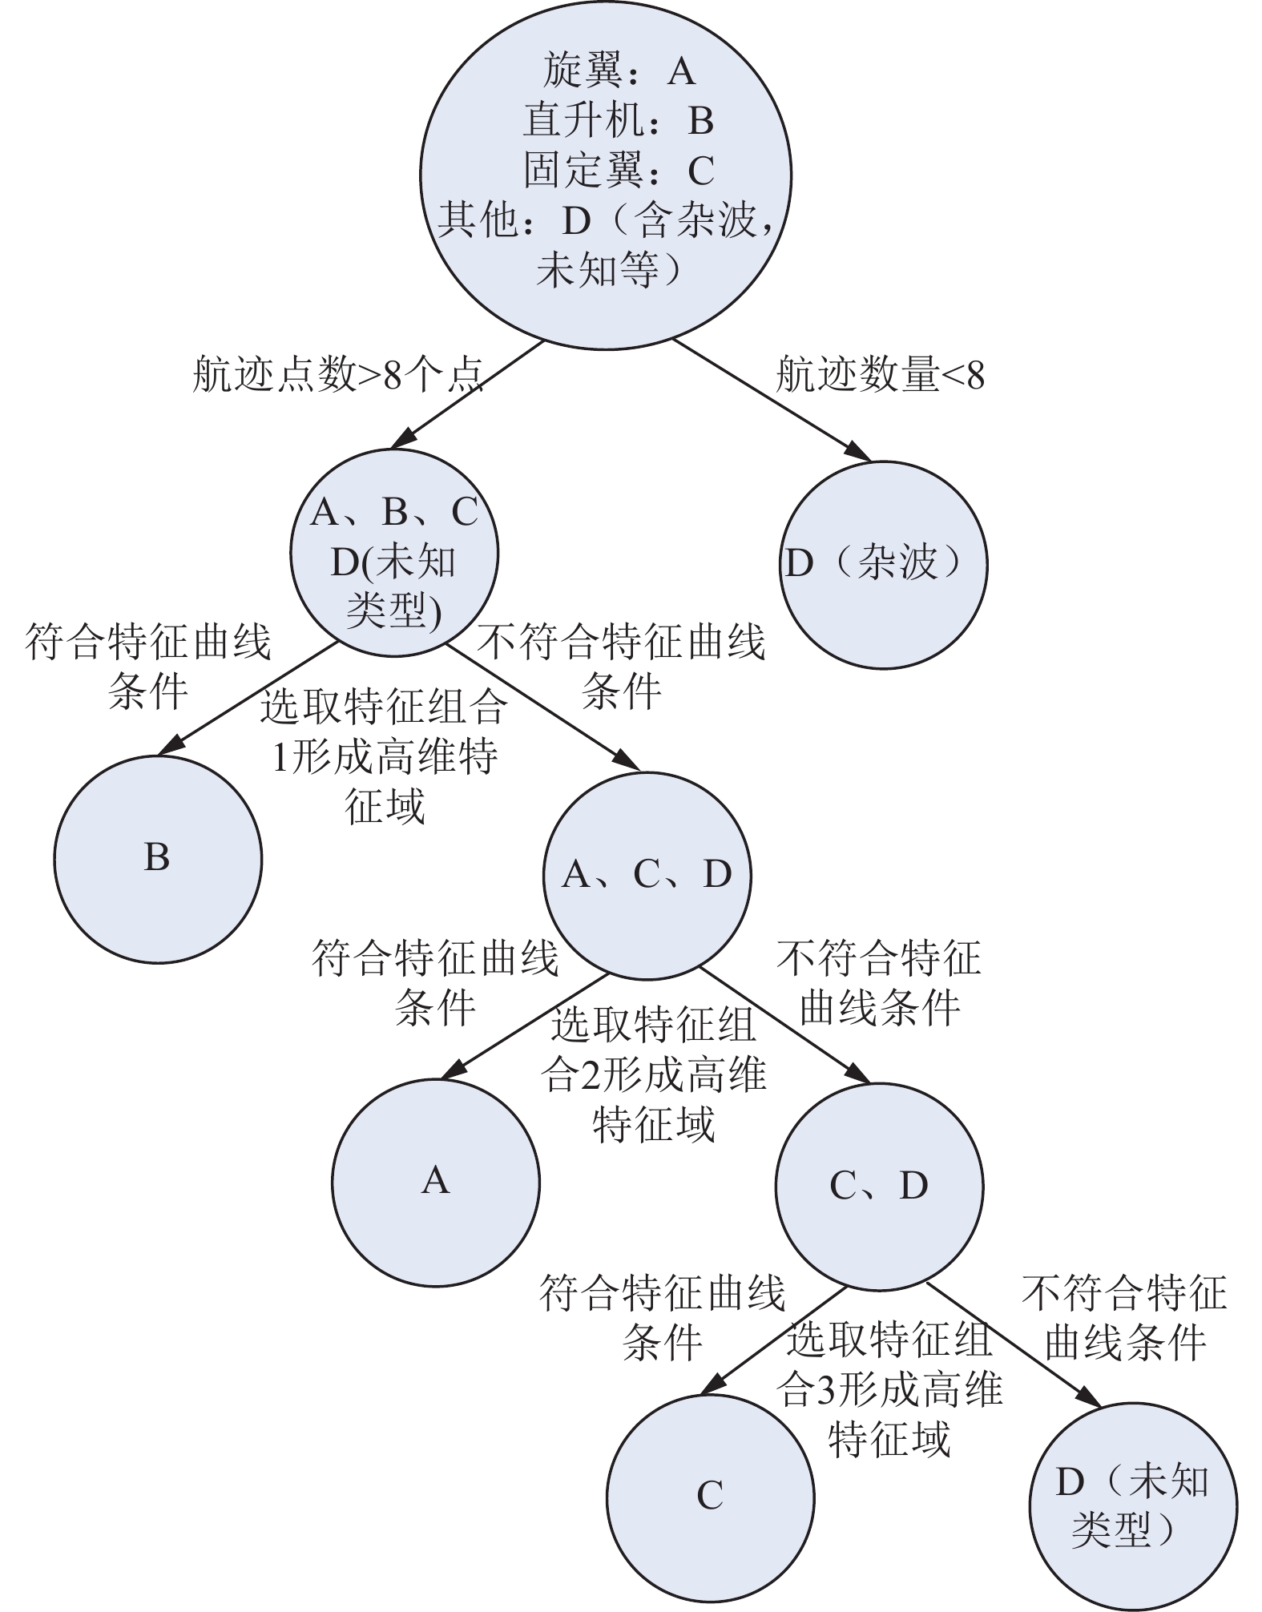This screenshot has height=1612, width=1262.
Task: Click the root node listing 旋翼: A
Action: click(606, 175)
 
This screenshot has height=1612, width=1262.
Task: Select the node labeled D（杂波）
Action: click(883, 565)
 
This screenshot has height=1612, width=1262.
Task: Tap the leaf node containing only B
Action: click(158, 859)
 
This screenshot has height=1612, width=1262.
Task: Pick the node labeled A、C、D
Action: click(647, 876)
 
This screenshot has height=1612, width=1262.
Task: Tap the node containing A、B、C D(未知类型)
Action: click(394, 553)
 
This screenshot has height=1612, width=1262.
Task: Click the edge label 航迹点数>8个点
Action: click(338, 374)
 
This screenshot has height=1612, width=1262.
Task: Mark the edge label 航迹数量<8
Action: click(880, 374)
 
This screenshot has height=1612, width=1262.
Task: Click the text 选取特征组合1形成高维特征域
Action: click(385, 756)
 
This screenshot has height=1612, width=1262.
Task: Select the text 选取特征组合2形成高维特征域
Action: click(654, 1074)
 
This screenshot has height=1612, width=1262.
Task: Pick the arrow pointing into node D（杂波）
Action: click(772, 400)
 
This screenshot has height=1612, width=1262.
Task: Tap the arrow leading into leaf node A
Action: click(524, 1026)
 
